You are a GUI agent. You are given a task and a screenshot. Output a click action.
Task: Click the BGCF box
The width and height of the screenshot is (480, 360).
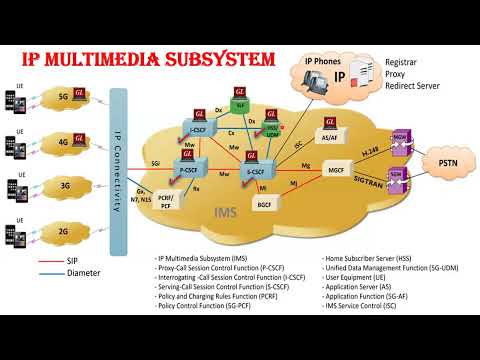click(x=265, y=205)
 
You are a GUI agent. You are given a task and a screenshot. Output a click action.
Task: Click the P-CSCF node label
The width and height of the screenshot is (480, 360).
click(x=189, y=170)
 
